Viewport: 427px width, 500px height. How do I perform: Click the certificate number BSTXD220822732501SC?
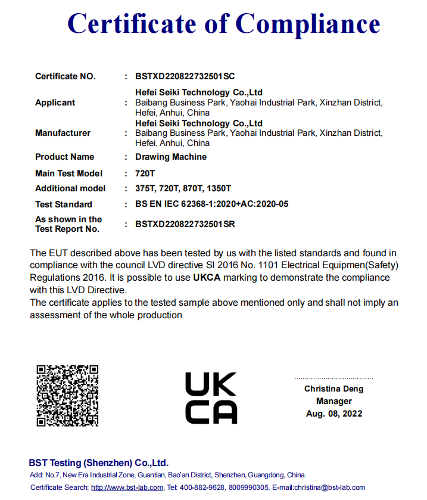pos(185,76)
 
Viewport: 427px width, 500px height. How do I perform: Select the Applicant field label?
pos(55,103)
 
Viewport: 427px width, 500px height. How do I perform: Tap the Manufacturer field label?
pos(63,133)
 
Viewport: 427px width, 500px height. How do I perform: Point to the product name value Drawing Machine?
pos(171,157)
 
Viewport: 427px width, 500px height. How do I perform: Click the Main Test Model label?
pos(68,173)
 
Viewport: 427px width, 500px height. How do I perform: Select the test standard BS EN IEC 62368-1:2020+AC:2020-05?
pos(211,204)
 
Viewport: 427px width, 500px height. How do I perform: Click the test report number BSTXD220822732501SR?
pos(185,224)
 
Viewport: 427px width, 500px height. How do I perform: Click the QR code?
pos(67,396)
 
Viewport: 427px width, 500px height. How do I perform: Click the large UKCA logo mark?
pos(211,398)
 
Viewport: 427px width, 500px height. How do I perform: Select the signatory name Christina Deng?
pos(334,389)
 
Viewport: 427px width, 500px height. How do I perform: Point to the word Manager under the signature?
pos(334,401)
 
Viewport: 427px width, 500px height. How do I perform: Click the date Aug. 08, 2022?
pos(334,414)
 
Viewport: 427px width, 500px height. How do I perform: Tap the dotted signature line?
pos(334,378)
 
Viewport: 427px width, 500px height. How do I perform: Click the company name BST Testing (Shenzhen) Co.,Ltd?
pos(99,463)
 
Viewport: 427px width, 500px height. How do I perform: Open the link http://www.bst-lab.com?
pos(127,487)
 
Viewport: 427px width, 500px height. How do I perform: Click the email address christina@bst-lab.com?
pos(327,487)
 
